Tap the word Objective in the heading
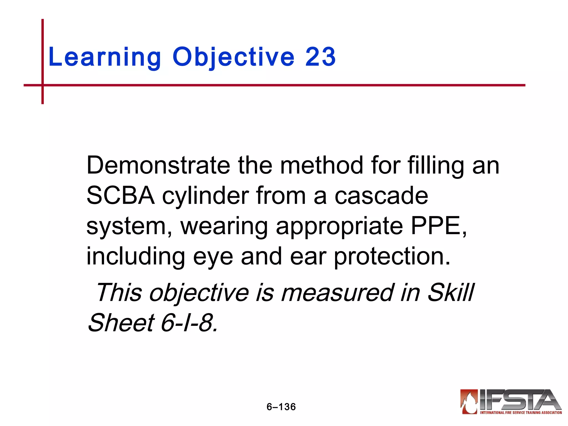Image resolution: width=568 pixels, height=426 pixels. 233,57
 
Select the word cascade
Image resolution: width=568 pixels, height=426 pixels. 381,196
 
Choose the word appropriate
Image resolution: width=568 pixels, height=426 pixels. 339,227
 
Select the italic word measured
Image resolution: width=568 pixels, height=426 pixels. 338,293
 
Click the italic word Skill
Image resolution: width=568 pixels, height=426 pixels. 451,293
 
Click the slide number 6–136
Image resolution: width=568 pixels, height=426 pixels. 281,407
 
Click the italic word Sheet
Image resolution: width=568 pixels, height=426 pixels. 121,323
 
